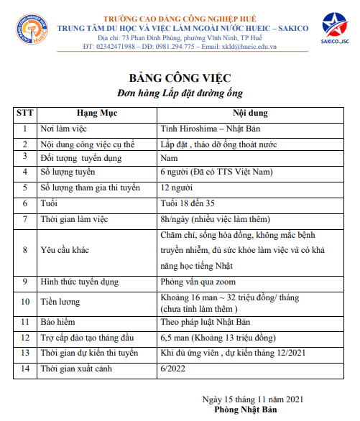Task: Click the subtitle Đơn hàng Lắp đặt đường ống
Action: [180, 93]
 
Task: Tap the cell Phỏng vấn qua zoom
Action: [198, 282]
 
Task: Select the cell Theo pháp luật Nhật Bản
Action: [205, 322]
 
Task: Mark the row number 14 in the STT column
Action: [25, 369]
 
